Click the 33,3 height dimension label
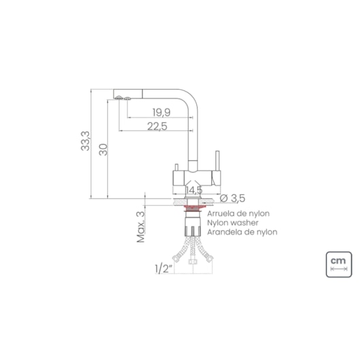click(86, 141)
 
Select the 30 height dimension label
click(103, 149)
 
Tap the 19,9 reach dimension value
click(162, 113)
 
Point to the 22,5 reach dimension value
click(158, 126)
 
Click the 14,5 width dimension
click(194, 190)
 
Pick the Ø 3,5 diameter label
click(232, 198)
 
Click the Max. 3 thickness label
click(141, 227)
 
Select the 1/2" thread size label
click(164, 268)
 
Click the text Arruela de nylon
click(238, 214)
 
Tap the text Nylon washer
click(233, 223)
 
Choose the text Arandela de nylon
click(242, 232)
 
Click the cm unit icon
click(339, 264)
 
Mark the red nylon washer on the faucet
click(193, 209)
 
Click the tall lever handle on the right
click(217, 161)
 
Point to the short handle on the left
click(177, 167)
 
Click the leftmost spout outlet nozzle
click(119, 98)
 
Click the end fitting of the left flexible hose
click(176, 259)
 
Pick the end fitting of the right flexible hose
click(210, 259)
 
